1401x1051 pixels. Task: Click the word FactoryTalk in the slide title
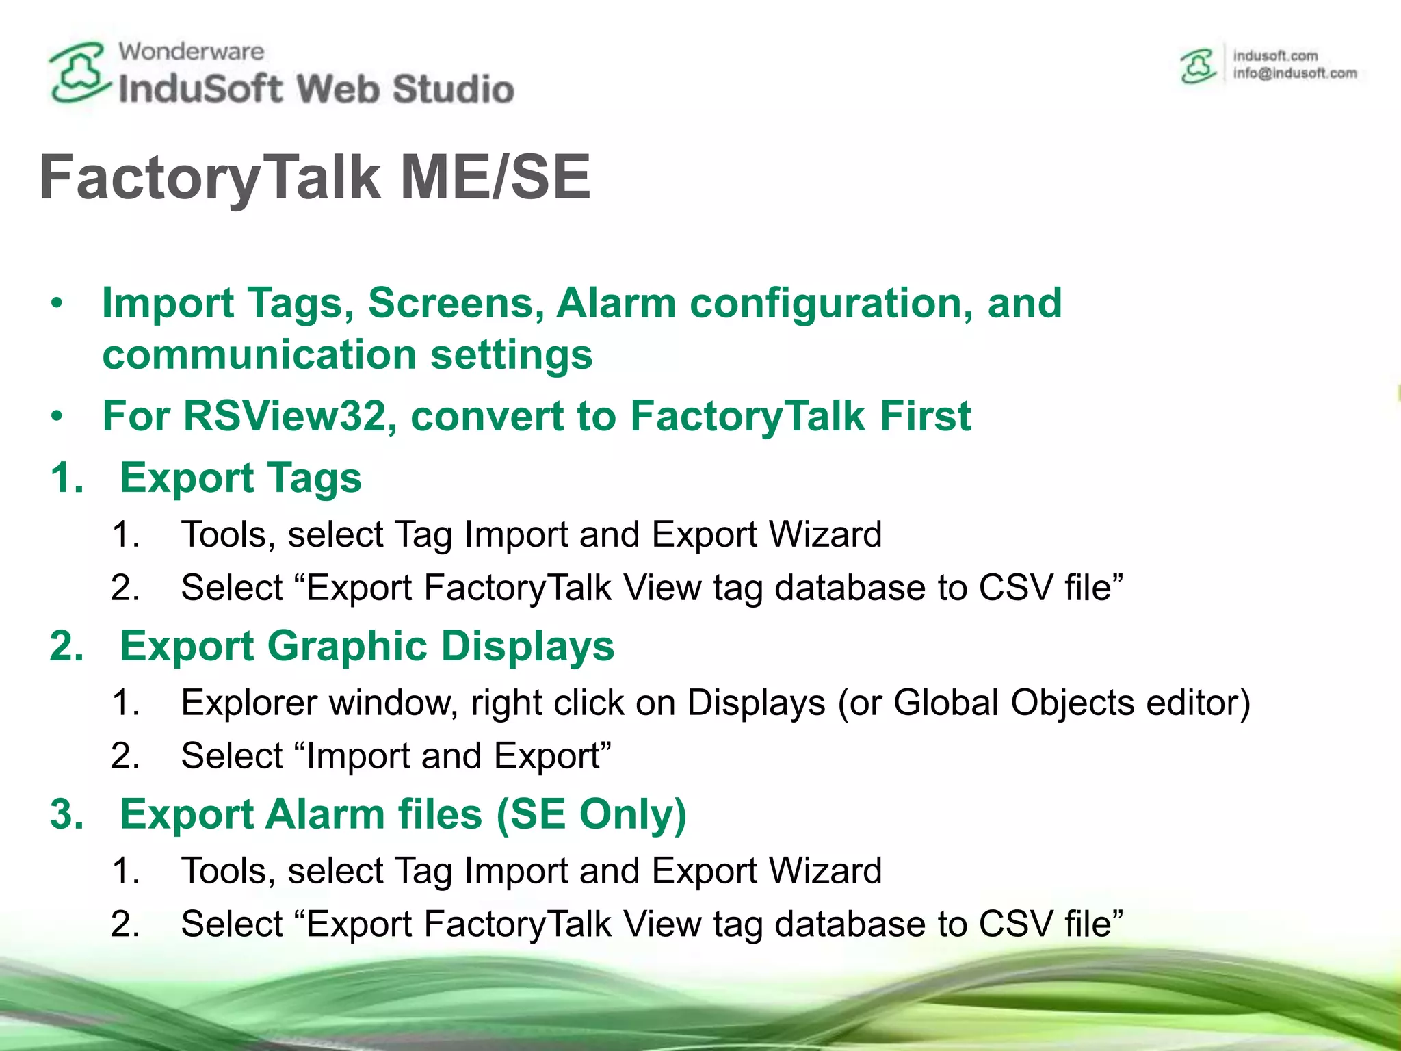click(x=209, y=178)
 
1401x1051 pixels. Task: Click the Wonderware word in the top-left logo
click(x=191, y=51)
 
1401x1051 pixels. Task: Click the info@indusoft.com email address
click(x=1294, y=73)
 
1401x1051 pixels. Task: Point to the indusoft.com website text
click(x=1275, y=55)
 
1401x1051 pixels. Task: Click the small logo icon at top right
click(x=1198, y=66)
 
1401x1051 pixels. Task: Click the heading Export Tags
click(x=240, y=477)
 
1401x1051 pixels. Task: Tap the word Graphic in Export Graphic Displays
click(x=347, y=645)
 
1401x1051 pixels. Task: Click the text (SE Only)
click(x=591, y=814)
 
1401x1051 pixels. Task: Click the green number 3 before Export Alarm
click(x=66, y=814)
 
